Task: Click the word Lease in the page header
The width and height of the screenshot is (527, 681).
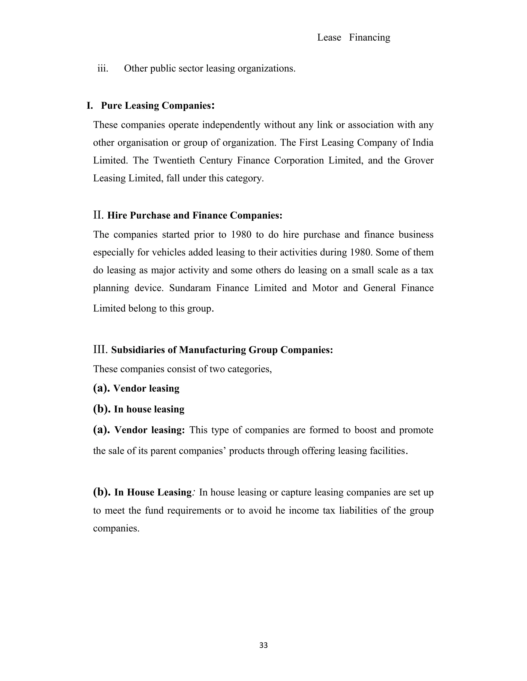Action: (329, 38)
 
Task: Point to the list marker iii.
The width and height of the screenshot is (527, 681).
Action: (103, 68)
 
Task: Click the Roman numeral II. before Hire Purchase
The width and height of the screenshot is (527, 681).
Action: (98, 215)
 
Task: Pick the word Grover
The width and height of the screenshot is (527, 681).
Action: (419, 160)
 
